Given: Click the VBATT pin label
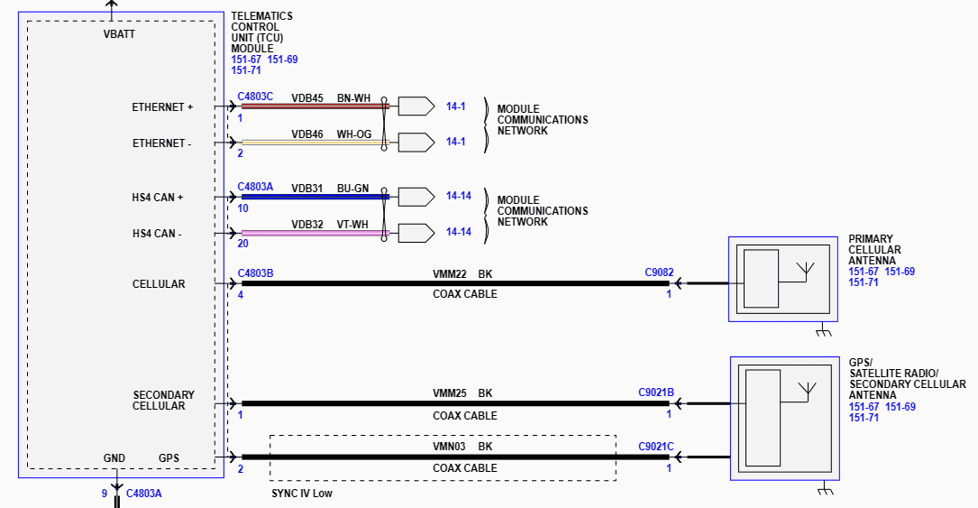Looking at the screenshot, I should [x=120, y=34].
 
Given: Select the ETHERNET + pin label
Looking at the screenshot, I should [x=162, y=107].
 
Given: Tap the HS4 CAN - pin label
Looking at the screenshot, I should [x=157, y=235].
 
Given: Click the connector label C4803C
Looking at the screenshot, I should [x=255, y=96].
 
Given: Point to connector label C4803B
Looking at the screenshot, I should [x=255, y=272].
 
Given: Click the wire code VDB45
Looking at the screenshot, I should [x=306, y=97].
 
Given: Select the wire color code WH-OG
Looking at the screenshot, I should [x=353, y=134].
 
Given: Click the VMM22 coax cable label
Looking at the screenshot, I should [x=449, y=273].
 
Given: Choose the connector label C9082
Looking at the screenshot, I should [x=659, y=272].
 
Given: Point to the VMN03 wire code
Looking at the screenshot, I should [x=449, y=446].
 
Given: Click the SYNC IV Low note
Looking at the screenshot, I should [x=303, y=494].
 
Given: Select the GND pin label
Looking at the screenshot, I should [x=114, y=458].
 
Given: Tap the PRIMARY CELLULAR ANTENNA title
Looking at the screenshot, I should [x=874, y=250].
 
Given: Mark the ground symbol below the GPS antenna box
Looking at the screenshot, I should [x=823, y=491].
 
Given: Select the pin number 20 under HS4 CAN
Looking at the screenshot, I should [x=243, y=245].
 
